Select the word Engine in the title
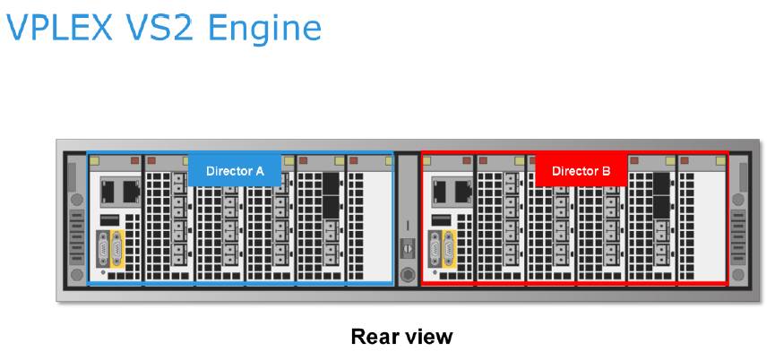point(267,30)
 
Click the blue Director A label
point(235,170)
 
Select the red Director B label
point(581,170)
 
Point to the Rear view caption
point(401,337)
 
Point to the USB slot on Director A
point(108,219)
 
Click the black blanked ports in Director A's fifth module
point(330,193)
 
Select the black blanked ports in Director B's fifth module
point(663,193)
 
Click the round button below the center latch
point(407,273)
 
